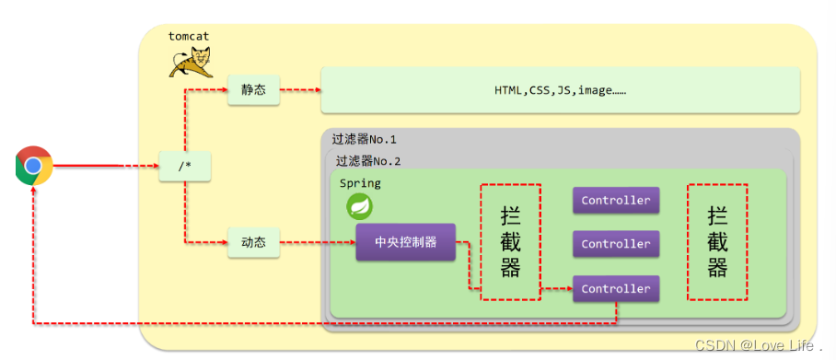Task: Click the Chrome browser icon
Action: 33,166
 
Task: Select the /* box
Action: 183,167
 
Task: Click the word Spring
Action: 360,183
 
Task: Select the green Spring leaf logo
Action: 359,206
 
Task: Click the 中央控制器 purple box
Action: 405,243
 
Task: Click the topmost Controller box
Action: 616,200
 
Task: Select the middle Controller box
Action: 616,244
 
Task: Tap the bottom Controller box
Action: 616,288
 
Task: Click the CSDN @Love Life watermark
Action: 758,346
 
